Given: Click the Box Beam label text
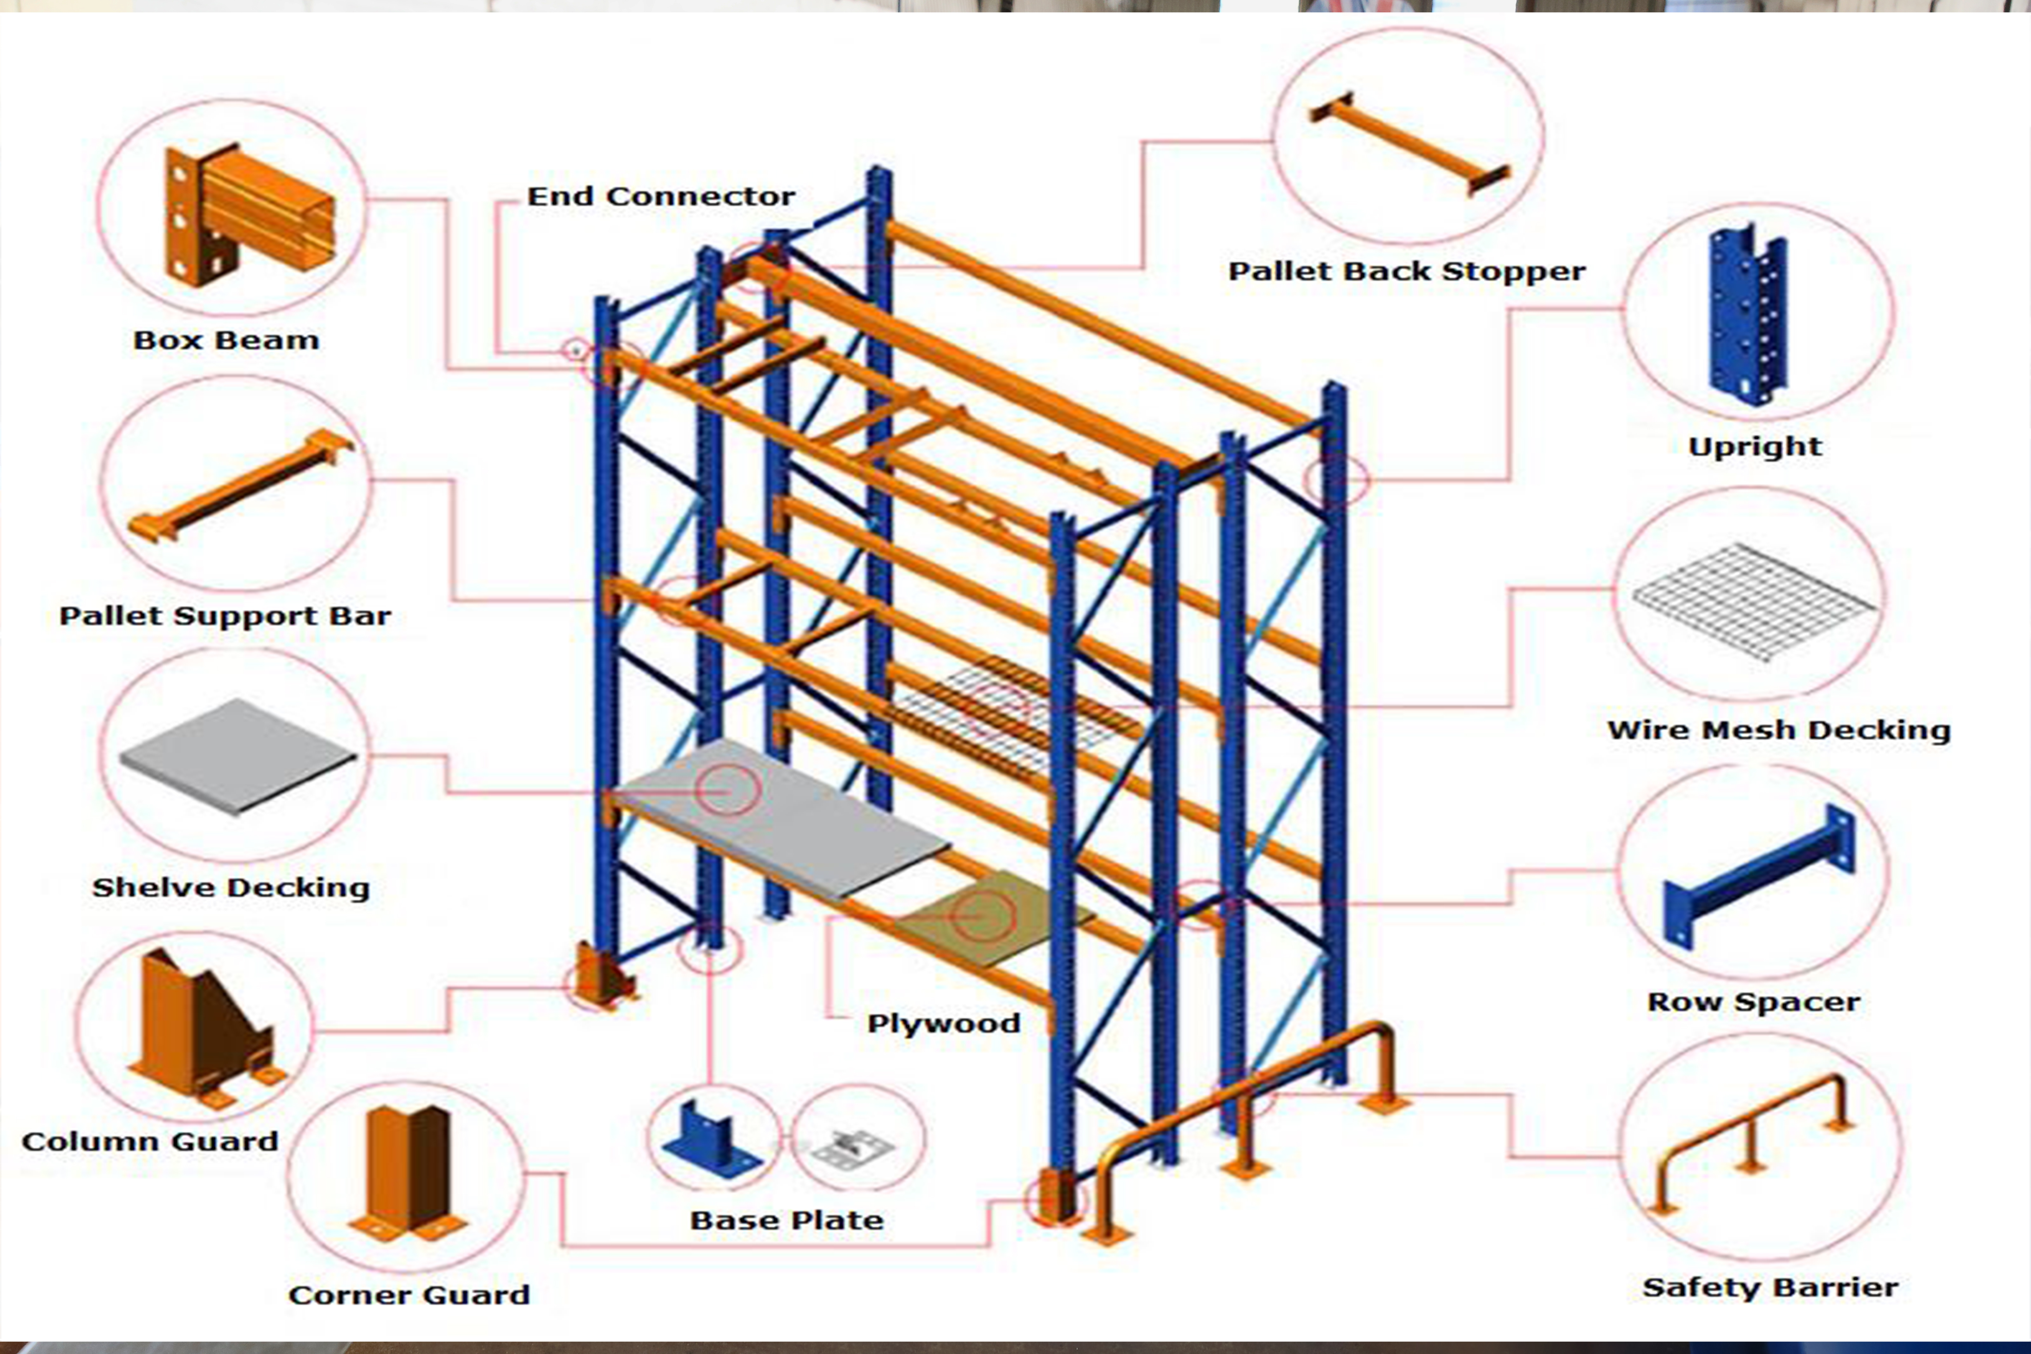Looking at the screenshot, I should pyautogui.click(x=226, y=340).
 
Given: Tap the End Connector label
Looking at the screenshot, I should pyautogui.click(x=660, y=197).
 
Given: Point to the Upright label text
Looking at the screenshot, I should pyautogui.click(x=1755, y=446).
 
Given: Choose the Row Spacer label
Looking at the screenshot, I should pyautogui.click(x=1753, y=1002).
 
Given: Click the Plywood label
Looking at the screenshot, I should pyautogui.click(x=943, y=1023).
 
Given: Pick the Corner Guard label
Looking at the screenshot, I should pyautogui.click(x=408, y=1294).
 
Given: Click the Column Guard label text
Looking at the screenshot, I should pyautogui.click(x=150, y=1142).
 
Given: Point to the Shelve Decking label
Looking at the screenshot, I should pyautogui.click(x=231, y=888).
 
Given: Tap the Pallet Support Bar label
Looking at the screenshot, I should pyautogui.click(x=225, y=616).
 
